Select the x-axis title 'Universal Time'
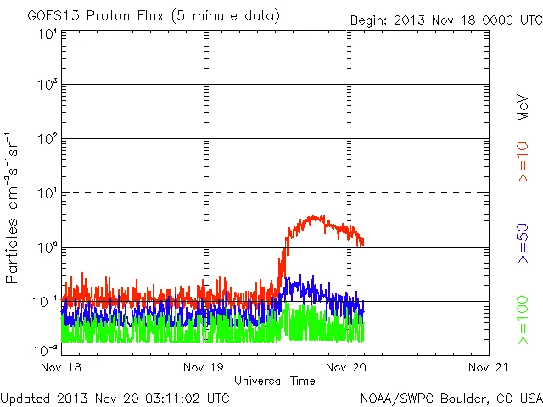click(x=275, y=381)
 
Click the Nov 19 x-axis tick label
click(x=204, y=368)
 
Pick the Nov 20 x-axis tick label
click(x=346, y=368)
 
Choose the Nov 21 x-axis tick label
click(x=487, y=368)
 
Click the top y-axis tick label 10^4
click(x=46, y=34)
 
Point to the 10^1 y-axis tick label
click(x=46, y=194)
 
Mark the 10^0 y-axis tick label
click(x=46, y=248)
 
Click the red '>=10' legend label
click(x=523, y=162)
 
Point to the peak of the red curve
click(x=315, y=216)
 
